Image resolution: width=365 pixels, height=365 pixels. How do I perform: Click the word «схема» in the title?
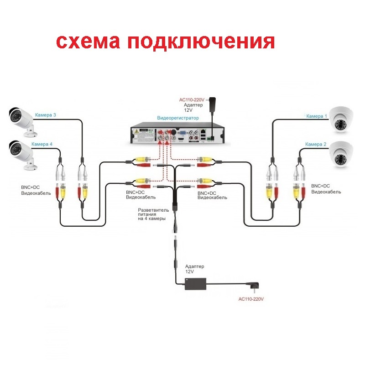pyautogui.click(x=88, y=42)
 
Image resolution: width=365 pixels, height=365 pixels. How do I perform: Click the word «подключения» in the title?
pyautogui.click(x=201, y=42)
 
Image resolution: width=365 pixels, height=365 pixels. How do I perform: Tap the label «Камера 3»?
pyautogui.click(x=45, y=115)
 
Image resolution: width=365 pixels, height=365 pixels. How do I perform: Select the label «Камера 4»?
pyautogui.click(x=42, y=144)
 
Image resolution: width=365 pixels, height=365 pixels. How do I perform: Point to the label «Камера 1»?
pyautogui.click(x=317, y=116)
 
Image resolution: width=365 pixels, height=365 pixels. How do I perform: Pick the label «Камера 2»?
pyautogui.click(x=316, y=144)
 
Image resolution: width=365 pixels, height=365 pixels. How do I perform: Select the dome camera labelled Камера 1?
pyautogui.click(x=341, y=120)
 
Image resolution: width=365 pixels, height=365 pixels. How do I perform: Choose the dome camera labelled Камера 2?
pyautogui.click(x=341, y=155)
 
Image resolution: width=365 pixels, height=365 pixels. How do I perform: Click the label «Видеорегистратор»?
pyautogui.click(x=178, y=118)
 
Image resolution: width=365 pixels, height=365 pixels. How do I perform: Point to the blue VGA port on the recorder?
pyautogui.click(x=182, y=133)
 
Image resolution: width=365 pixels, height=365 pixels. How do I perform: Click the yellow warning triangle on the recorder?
pyautogui.click(x=136, y=131)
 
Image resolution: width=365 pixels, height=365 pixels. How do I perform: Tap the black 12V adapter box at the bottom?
pyautogui.click(x=196, y=284)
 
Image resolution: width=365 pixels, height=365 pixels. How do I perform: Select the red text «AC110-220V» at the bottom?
pyautogui.click(x=251, y=299)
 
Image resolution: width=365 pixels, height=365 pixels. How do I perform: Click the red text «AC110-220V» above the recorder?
pyautogui.click(x=192, y=100)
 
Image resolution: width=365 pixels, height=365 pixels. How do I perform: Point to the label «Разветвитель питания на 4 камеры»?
pyautogui.click(x=153, y=214)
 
